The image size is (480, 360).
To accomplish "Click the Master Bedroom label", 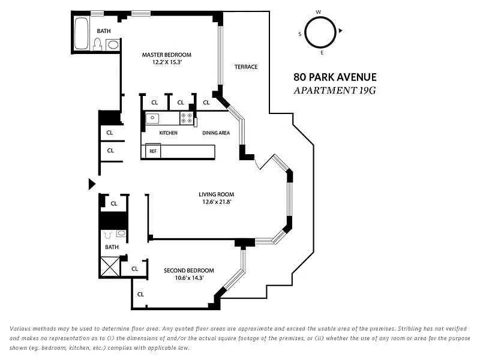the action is coord(167,55).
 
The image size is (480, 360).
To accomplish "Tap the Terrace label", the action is coord(246,67).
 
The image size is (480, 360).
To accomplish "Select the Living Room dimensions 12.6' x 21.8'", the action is coord(216,202).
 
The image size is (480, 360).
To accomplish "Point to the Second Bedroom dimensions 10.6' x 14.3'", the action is coord(189,278).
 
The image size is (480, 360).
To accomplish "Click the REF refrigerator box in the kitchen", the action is coord(153,151).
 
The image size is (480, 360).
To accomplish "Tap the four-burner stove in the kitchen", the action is coord(186,118).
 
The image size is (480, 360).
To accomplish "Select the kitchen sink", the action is coord(152,118).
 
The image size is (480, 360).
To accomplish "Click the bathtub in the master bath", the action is coord(82,34).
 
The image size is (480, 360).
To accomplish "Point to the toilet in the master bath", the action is coord(98,44).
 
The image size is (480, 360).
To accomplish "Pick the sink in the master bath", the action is coord(113,45).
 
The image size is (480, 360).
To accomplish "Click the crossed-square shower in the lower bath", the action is coord(110,266).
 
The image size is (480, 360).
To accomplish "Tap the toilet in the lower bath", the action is coord(107,235).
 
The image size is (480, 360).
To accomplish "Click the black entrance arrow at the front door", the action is coord(92,184).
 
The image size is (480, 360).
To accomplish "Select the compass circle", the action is coord(320,17).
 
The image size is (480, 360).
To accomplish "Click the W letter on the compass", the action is coord(319,12).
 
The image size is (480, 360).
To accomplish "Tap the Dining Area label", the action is coord(216,133).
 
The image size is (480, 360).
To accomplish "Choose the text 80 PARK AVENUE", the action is coord(335,77).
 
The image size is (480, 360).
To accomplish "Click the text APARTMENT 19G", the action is coord(335,91).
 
